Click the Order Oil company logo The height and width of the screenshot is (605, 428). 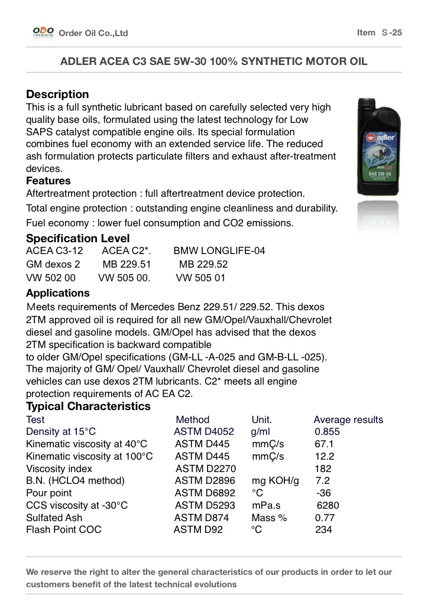(43, 32)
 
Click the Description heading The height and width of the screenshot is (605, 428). (57, 95)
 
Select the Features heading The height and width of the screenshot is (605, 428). (48, 181)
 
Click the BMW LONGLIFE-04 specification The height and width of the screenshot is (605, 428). (219, 251)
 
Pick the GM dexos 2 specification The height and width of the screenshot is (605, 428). (53, 264)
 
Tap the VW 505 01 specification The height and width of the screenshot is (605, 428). (201, 278)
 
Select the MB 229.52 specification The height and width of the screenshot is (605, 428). (203, 264)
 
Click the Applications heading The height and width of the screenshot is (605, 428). (58, 293)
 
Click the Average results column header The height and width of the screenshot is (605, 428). (348, 420)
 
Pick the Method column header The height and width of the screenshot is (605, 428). (193, 420)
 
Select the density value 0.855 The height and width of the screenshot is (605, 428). (328, 432)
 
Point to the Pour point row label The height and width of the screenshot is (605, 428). (49, 493)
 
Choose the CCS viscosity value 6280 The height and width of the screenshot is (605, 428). (328, 506)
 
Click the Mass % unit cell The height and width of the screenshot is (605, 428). (269, 518)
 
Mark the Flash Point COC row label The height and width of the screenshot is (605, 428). (64, 530)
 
